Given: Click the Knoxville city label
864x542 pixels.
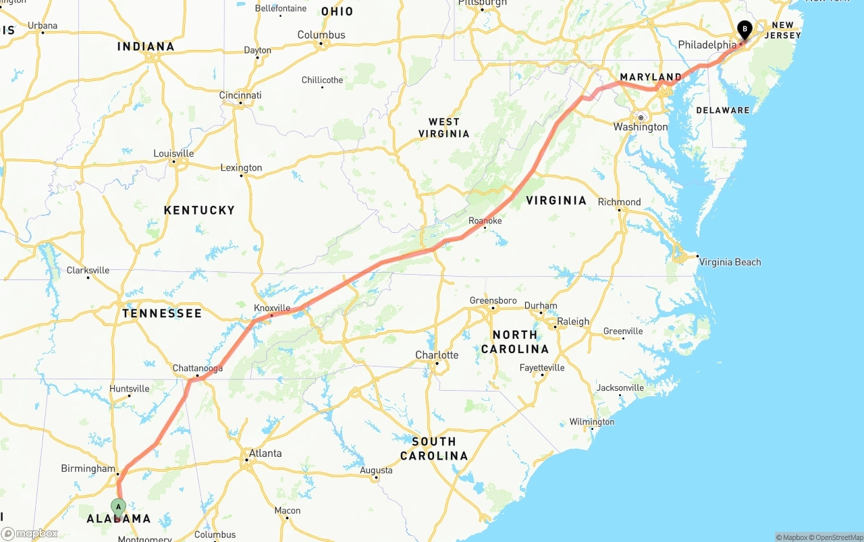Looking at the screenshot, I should coord(272,308).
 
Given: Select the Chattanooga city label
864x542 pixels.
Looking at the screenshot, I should coord(198,369).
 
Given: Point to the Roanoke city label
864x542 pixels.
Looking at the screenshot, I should coord(485,221).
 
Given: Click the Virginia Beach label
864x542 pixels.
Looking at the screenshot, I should coord(729,262).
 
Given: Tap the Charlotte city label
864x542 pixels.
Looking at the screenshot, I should coord(437,355).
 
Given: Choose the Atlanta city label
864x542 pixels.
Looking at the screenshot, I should coord(265,453).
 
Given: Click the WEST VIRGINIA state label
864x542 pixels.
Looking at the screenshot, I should coord(444,128).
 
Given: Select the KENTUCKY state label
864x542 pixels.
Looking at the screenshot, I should coord(199,211).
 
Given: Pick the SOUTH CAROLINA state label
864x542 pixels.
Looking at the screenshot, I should coord(434,448).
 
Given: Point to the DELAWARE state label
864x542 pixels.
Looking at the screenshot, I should coord(722,110).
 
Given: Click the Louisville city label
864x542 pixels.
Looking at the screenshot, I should coord(173,153).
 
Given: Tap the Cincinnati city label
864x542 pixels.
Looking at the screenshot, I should coord(240,95).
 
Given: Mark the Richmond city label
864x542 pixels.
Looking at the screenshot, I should coord(619,202).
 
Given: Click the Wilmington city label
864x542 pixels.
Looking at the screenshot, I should coord(591,422).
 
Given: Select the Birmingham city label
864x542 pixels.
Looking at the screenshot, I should coord(88,468).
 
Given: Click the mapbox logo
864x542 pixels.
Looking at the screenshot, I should coord(30,534).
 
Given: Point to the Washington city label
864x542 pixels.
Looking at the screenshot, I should coord(641,127).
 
